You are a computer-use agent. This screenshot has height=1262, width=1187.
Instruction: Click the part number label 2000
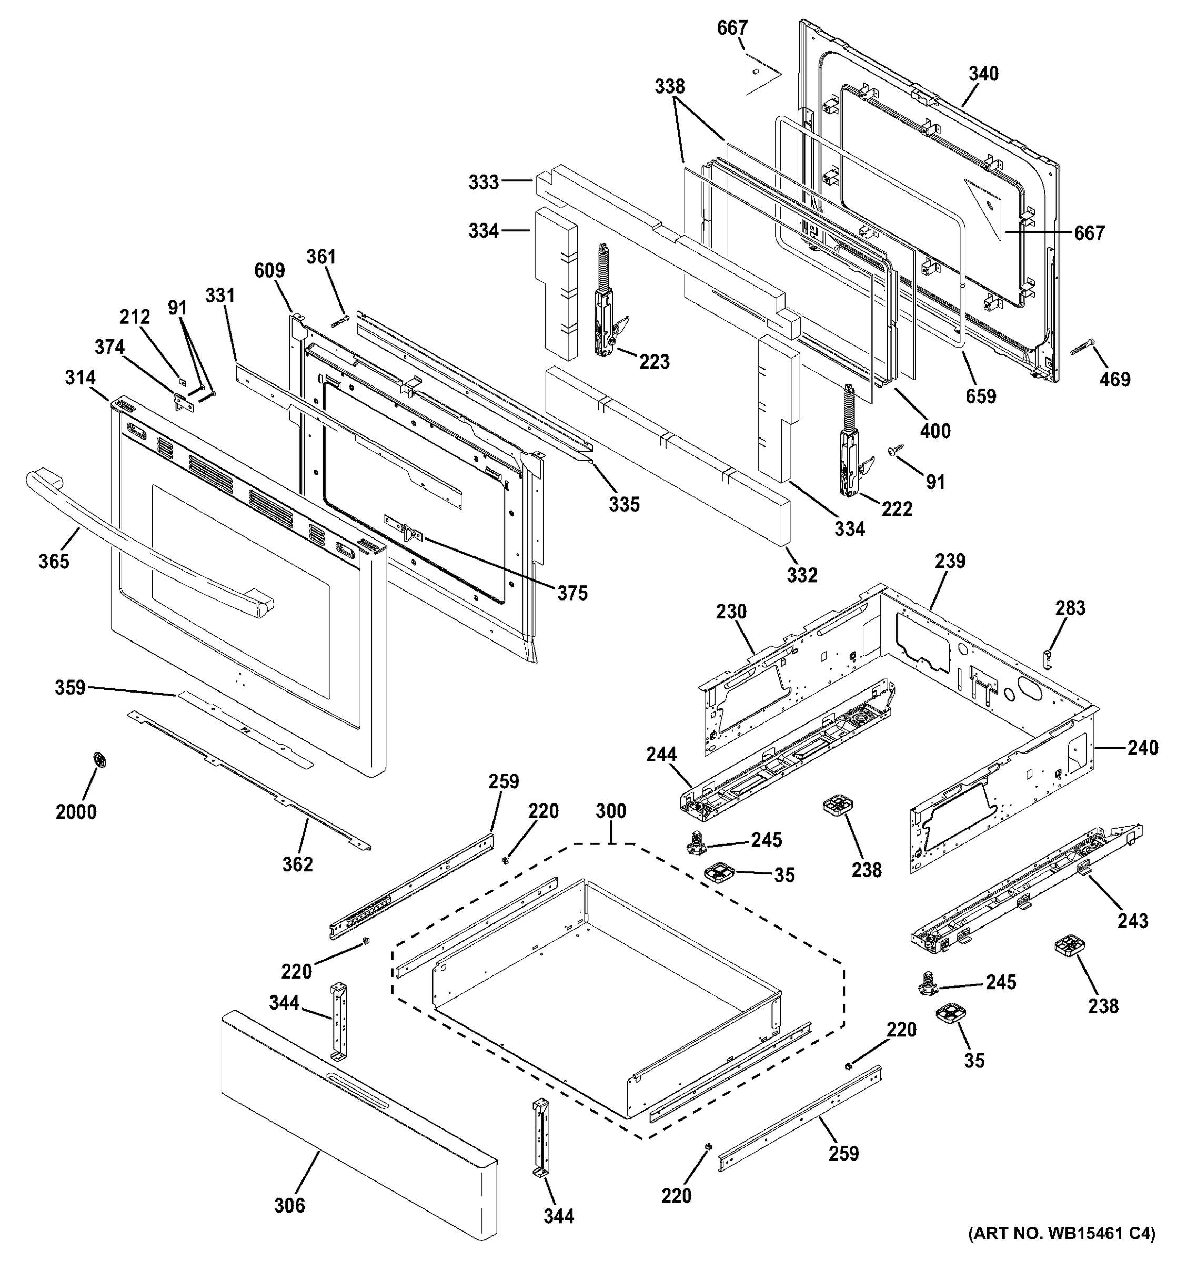point(76,812)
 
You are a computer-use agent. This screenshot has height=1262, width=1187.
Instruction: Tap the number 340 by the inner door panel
point(983,74)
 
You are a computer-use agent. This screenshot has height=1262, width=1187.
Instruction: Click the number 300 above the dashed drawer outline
point(611,811)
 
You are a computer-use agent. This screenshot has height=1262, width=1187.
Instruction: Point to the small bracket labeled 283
point(1049,658)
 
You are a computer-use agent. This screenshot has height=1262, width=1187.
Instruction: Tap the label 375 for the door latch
point(572,593)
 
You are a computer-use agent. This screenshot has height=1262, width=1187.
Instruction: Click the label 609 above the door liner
point(269,270)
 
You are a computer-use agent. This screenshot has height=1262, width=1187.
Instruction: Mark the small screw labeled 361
point(340,322)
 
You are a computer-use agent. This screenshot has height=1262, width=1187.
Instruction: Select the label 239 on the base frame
point(950,561)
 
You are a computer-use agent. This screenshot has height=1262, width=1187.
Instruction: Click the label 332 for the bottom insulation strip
point(802,575)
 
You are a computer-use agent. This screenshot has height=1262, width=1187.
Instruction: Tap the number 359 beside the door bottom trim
point(70,687)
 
